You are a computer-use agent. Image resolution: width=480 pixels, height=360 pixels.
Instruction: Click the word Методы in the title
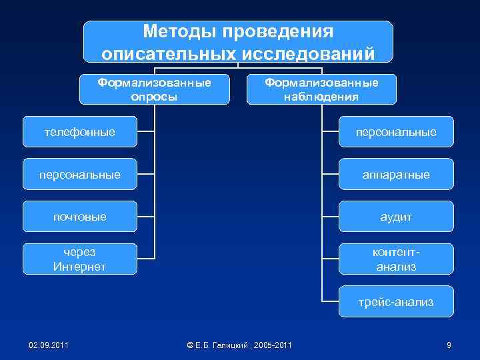179,32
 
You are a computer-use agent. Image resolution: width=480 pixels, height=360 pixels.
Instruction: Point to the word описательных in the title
166,53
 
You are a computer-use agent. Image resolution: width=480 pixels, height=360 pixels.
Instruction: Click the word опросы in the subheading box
154,97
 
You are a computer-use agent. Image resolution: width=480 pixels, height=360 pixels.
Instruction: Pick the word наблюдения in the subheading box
321,97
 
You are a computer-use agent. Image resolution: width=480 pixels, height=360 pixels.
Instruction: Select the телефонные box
80,132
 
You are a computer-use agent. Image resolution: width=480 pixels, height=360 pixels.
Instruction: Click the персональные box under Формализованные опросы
80,175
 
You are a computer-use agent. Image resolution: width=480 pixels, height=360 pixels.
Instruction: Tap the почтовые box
80,217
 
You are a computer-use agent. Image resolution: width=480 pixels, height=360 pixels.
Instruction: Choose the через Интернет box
80,259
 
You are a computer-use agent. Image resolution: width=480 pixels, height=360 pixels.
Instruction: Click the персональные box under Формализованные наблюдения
396,132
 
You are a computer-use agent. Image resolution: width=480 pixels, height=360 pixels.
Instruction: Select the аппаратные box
396,175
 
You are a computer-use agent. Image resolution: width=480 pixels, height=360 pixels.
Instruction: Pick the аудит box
396,217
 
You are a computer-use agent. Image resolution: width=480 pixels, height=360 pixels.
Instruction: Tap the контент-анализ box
396,259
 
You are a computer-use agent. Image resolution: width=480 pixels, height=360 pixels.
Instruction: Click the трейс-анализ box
396,302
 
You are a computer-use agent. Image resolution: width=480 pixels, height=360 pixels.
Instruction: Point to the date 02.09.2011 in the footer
49,345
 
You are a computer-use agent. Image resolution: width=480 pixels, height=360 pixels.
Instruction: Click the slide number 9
449,345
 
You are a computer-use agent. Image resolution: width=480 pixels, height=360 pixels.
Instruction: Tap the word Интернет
80,267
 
